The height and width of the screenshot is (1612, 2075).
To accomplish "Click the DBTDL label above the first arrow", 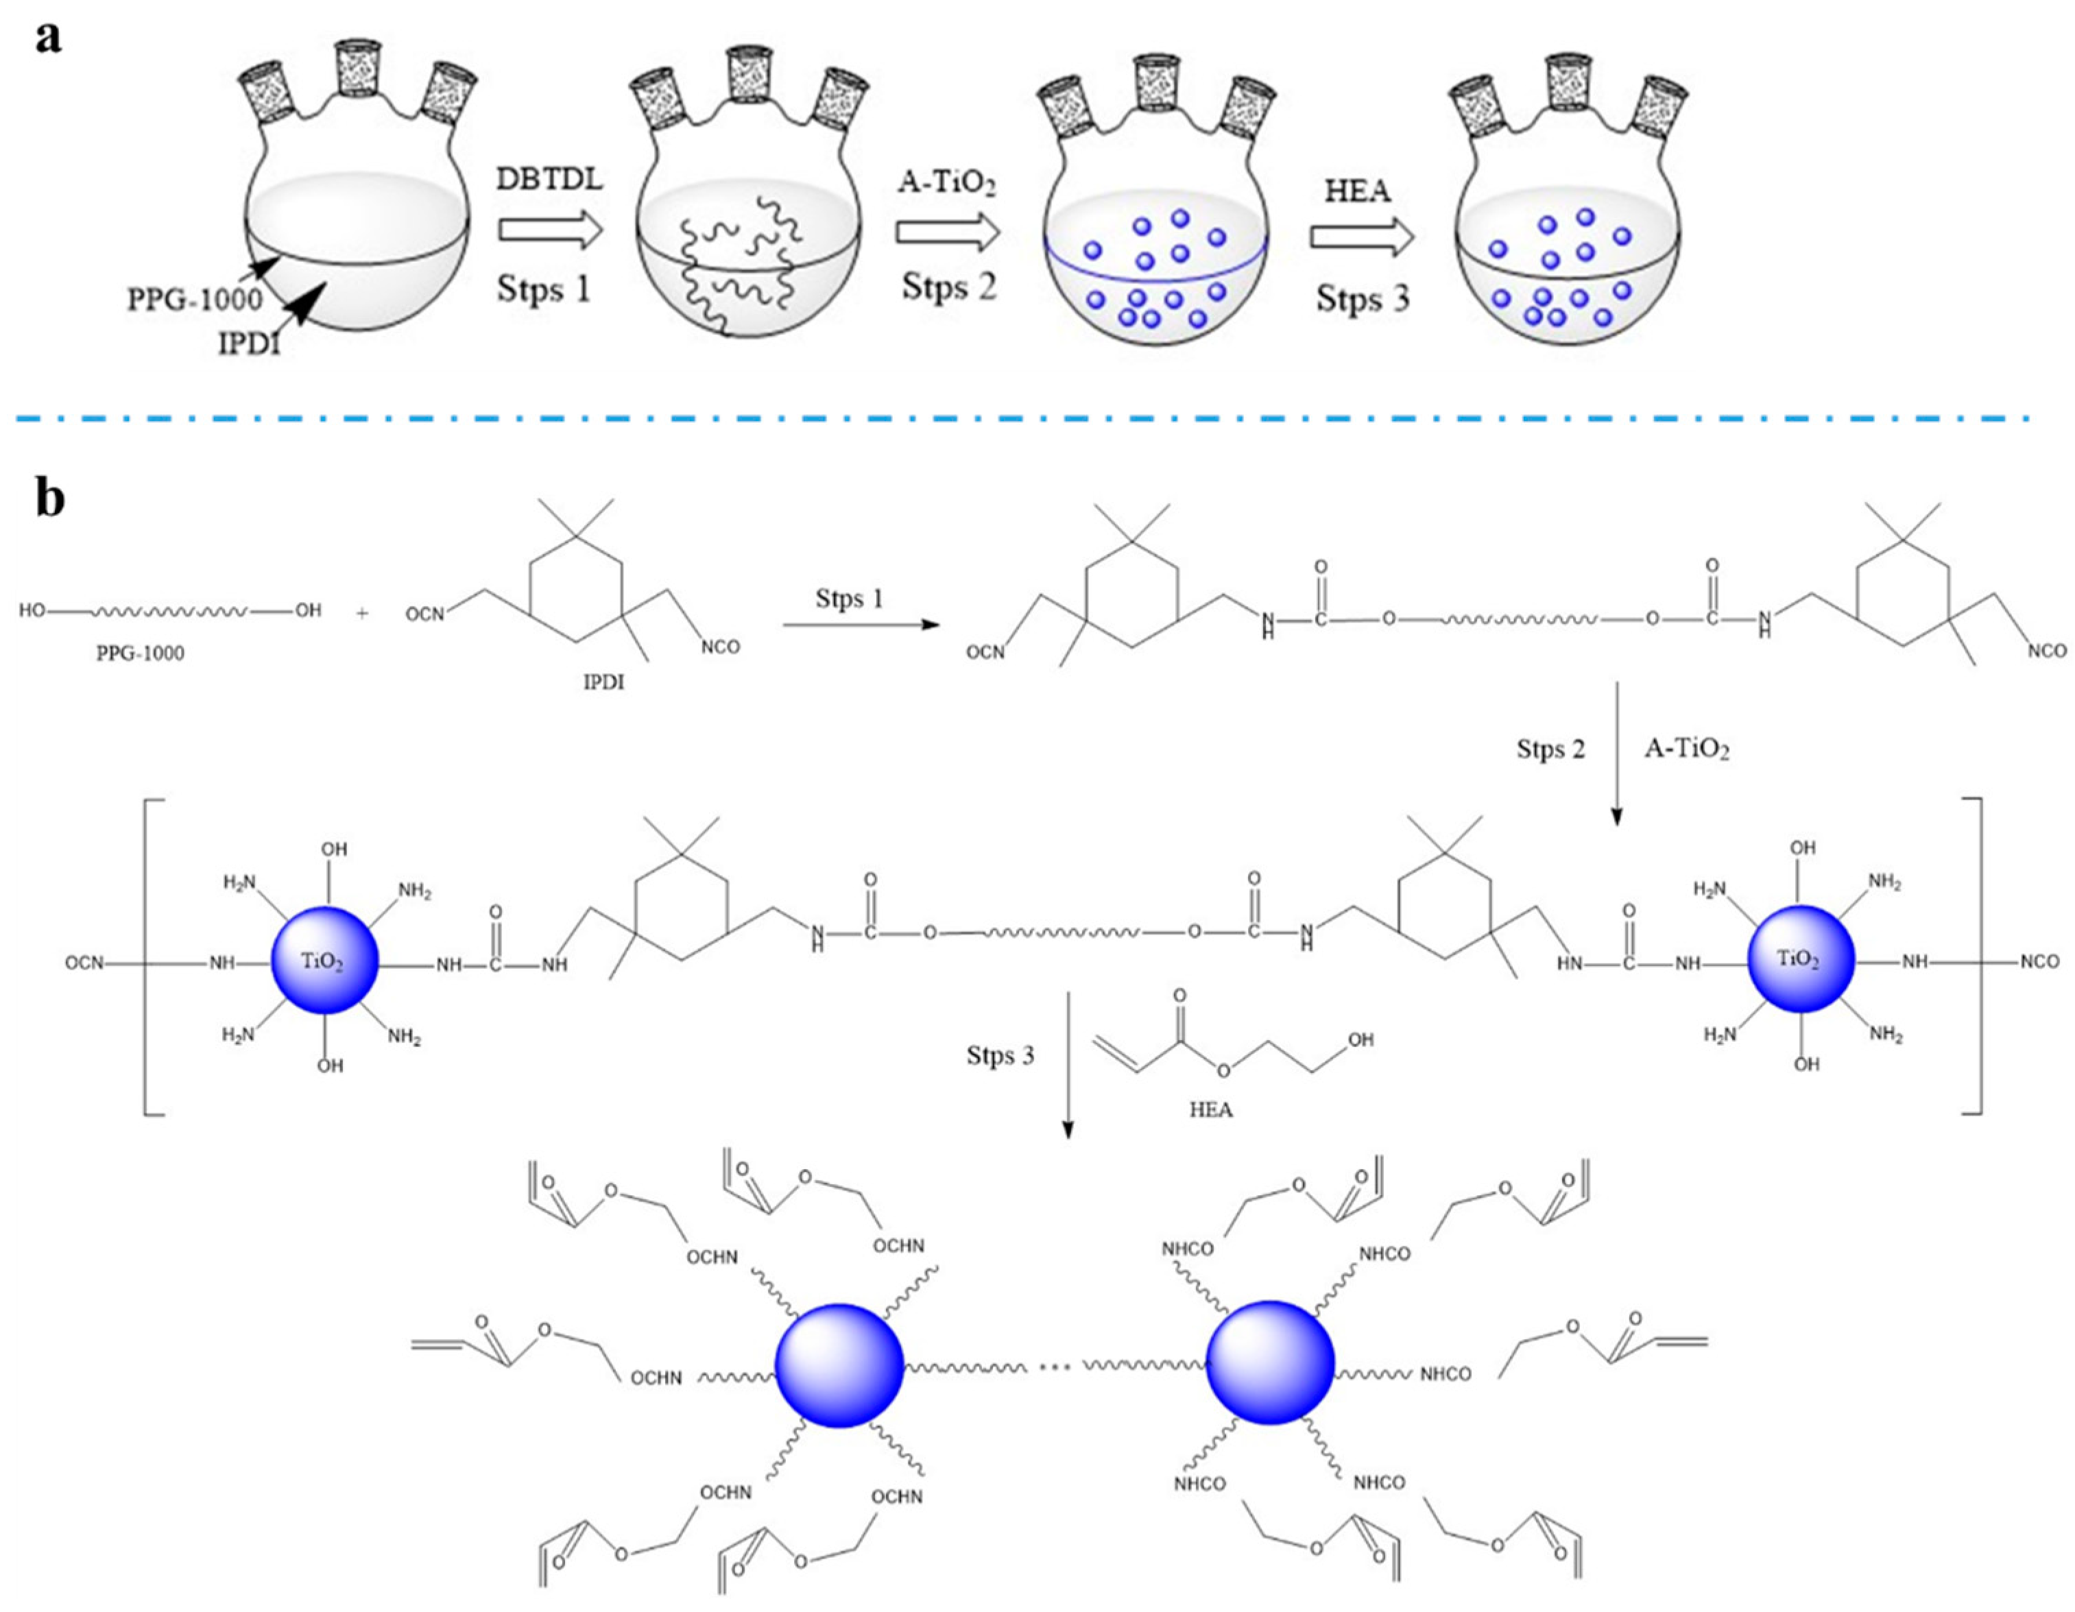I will (549, 178).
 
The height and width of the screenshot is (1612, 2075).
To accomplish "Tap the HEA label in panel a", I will (1358, 191).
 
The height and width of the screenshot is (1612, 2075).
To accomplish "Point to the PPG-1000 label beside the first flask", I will (195, 300).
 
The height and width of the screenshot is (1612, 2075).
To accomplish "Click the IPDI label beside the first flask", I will (250, 343).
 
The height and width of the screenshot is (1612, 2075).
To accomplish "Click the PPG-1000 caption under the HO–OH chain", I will (141, 653).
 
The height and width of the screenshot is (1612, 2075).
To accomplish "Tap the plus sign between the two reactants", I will (362, 614).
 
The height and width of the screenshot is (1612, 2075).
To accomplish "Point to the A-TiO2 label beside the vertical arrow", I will (1686, 749).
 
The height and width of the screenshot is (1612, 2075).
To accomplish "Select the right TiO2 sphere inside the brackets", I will (1799, 959).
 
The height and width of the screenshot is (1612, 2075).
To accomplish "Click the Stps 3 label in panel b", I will (1000, 1055).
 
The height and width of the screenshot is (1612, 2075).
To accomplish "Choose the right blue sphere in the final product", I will (1269, 1363).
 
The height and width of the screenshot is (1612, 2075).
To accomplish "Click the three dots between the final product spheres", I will (1055, 1369).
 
